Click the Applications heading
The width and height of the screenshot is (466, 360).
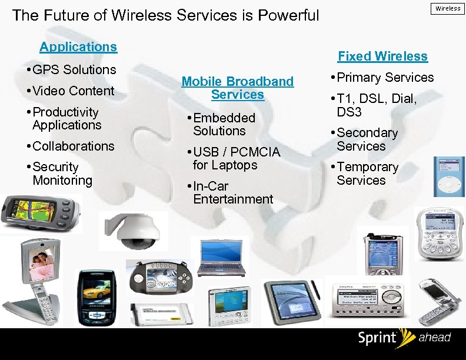click(x=78, y=46)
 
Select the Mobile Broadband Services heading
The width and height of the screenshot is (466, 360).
click(x=237, y=88)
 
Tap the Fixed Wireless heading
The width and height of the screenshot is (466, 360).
click(x=382, y=56)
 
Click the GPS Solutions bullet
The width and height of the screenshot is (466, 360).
click(x=74, y=69)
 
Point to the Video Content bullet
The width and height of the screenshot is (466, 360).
click(x=74, y=91)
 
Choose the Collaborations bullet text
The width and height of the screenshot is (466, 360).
click(x=74, y=146)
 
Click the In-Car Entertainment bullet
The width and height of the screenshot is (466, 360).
click(x=233, y=192)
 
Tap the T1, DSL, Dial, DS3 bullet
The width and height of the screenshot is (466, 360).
click(x=377, y=105)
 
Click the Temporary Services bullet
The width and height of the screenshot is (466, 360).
click(x=368, y=174)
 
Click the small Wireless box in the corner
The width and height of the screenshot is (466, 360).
click(x=448, y=8)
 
